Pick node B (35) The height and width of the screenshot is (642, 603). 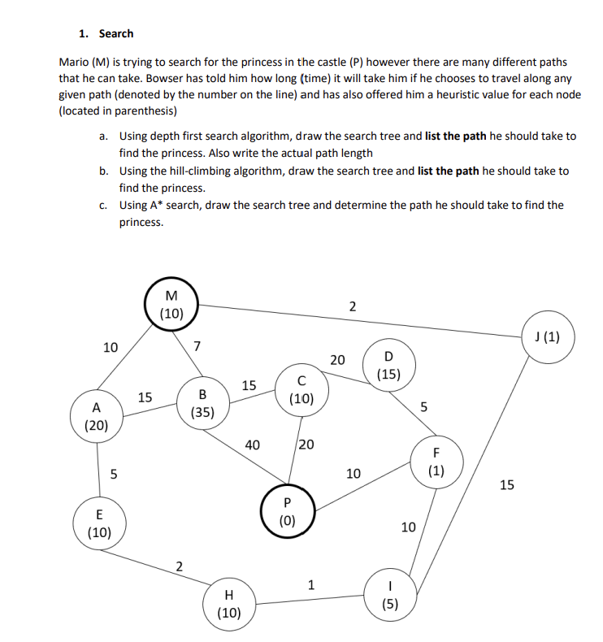pos(202,403)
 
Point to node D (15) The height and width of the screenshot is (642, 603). pos(388,365)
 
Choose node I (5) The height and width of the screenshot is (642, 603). pos(391,595)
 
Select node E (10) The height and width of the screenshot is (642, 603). pos(99,524)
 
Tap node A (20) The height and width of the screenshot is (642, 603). pos(96,416)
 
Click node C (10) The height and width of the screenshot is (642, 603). pos(301,390)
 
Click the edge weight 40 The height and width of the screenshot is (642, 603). pos(252,445)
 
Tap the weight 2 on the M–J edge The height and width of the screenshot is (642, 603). pos(352,306)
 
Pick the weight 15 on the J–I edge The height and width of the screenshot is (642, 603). pos(506,485)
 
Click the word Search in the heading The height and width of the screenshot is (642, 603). pos(116,33)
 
